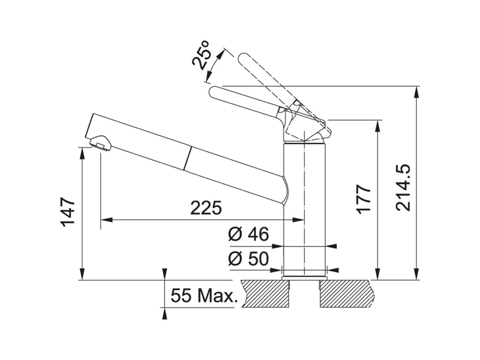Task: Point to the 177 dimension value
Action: (364, 199)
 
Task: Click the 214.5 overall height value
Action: (403, 187)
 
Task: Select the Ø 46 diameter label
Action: (248, 234)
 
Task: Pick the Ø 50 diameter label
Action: (248, 259)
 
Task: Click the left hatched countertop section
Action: (263, 293)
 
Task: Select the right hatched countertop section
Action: (347, 293)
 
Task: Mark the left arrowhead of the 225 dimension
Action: (105, 219)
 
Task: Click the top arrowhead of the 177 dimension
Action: (377, 124)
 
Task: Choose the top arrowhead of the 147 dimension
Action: (82, 151)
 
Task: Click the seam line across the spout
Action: (189, 157)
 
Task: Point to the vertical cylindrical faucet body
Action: (305, 211)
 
